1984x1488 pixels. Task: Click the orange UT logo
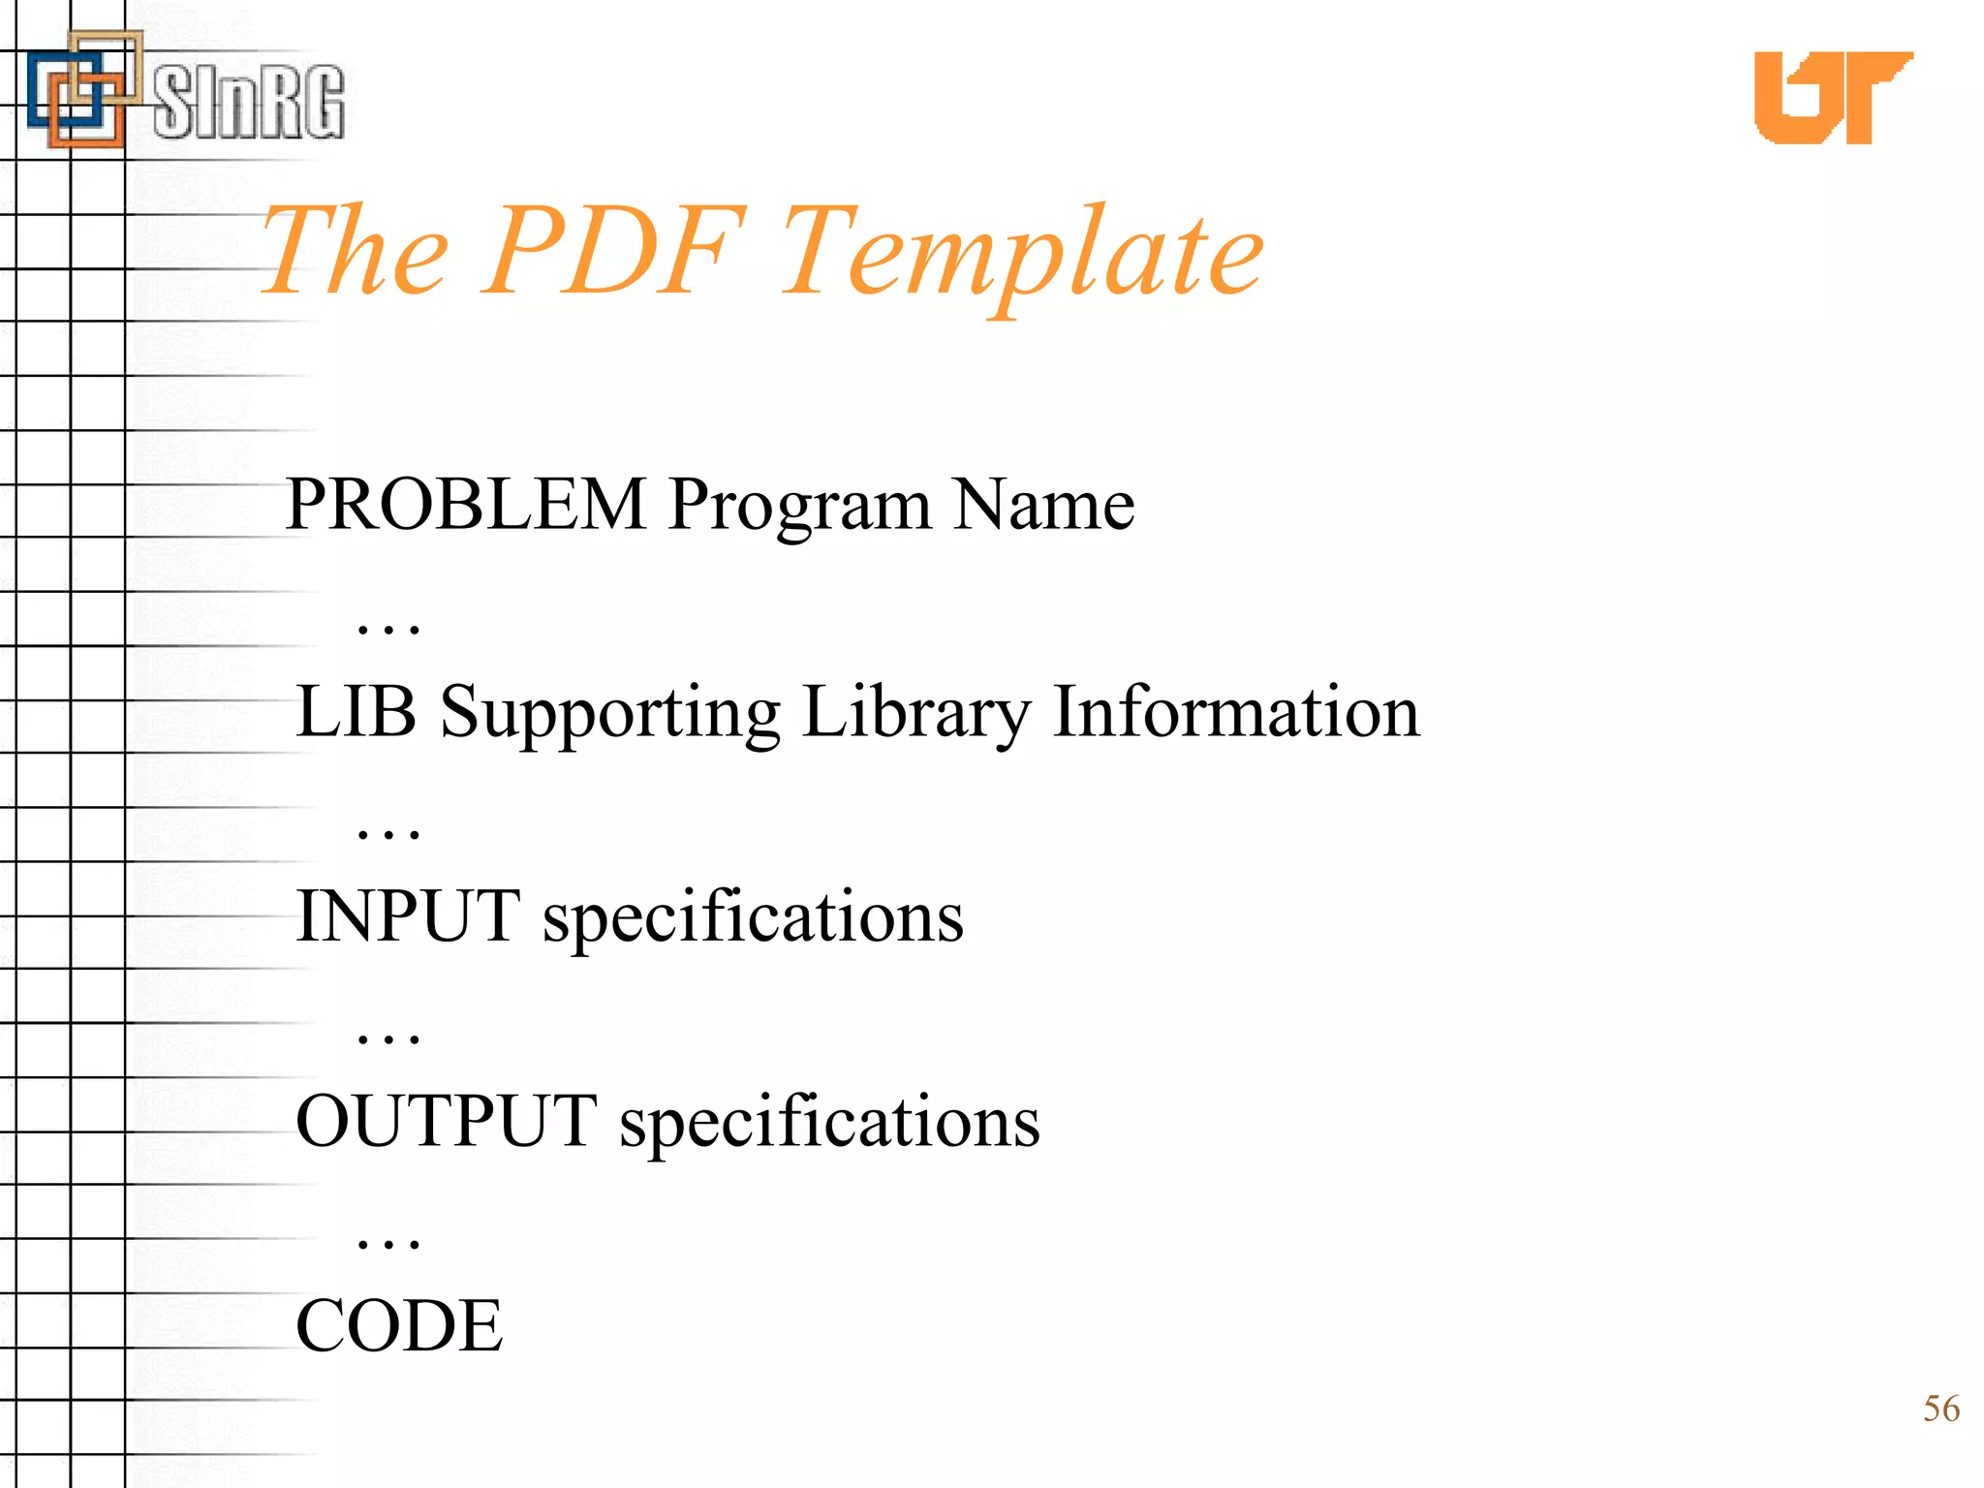[1833, 97]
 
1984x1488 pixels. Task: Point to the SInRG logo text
[249, 103]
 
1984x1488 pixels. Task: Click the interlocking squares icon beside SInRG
[83, 89]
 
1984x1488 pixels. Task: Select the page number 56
[1940, 1409]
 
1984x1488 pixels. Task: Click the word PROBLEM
[466, 505]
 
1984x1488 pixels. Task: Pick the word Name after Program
[1043, 505]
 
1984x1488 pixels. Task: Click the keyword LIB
[356, 712]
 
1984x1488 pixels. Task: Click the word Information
[1236, 712]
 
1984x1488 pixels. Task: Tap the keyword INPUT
[408, 916]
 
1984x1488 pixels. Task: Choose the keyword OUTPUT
[447, 1122]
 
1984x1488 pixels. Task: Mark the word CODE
[399, 1326]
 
